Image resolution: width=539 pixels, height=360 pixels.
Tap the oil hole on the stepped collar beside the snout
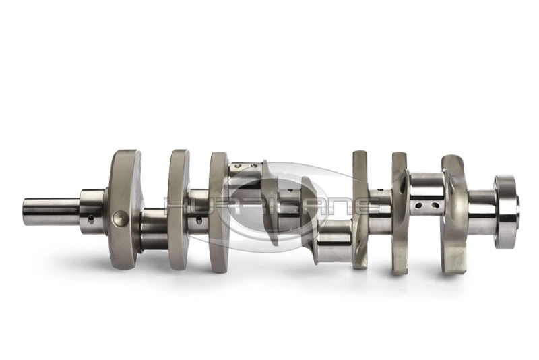pos(91,219)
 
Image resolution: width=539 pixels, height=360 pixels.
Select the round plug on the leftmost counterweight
pos(120,217)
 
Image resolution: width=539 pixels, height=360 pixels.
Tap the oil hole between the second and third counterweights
pos(199,219)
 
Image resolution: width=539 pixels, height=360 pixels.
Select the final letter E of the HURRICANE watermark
pos(367,206)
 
